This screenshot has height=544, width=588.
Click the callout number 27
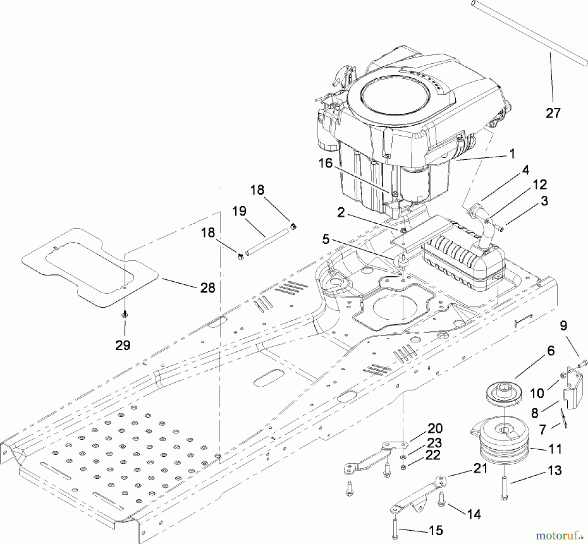tap(553, 113)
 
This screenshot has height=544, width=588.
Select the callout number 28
tap(208, 288)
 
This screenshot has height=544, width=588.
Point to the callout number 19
tap(239, 211)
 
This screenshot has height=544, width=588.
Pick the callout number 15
tap(436, 530)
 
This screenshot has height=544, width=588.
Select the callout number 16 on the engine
tap(325, 163)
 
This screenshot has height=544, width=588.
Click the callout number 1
tap(512, 153)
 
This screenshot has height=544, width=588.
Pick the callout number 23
tap(434, 443)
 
